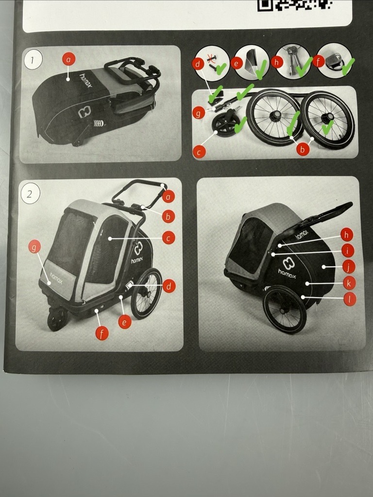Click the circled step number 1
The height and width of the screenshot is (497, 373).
pyautogui.click(x=33, y=60)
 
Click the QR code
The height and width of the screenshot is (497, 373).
pyautogui.click(x=294, y=5)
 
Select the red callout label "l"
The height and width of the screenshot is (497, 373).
pyautogui.click(x=349, y=298)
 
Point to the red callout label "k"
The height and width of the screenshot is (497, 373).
pyautogui.click(x=348, y=283)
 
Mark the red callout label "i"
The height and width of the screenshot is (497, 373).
pyautogui.click(x=347, y=251)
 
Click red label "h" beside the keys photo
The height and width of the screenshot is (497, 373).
pyautogui.click(x=277, y=62)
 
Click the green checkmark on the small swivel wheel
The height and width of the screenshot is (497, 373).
pyautogui.click(x=241, y=125)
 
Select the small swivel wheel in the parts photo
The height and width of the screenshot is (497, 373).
pyautogui.click(x=221, y=124)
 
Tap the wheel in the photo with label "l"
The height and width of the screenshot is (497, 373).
pyautogui.click(x=284, y=309)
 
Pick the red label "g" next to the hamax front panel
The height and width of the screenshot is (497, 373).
pyautogui.click(x=34, y=246)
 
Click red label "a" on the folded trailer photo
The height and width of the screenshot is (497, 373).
pyautogui.click(x=69, y=59)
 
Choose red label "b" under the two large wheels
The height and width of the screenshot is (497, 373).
pyautogui.click(x=303, y=149)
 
